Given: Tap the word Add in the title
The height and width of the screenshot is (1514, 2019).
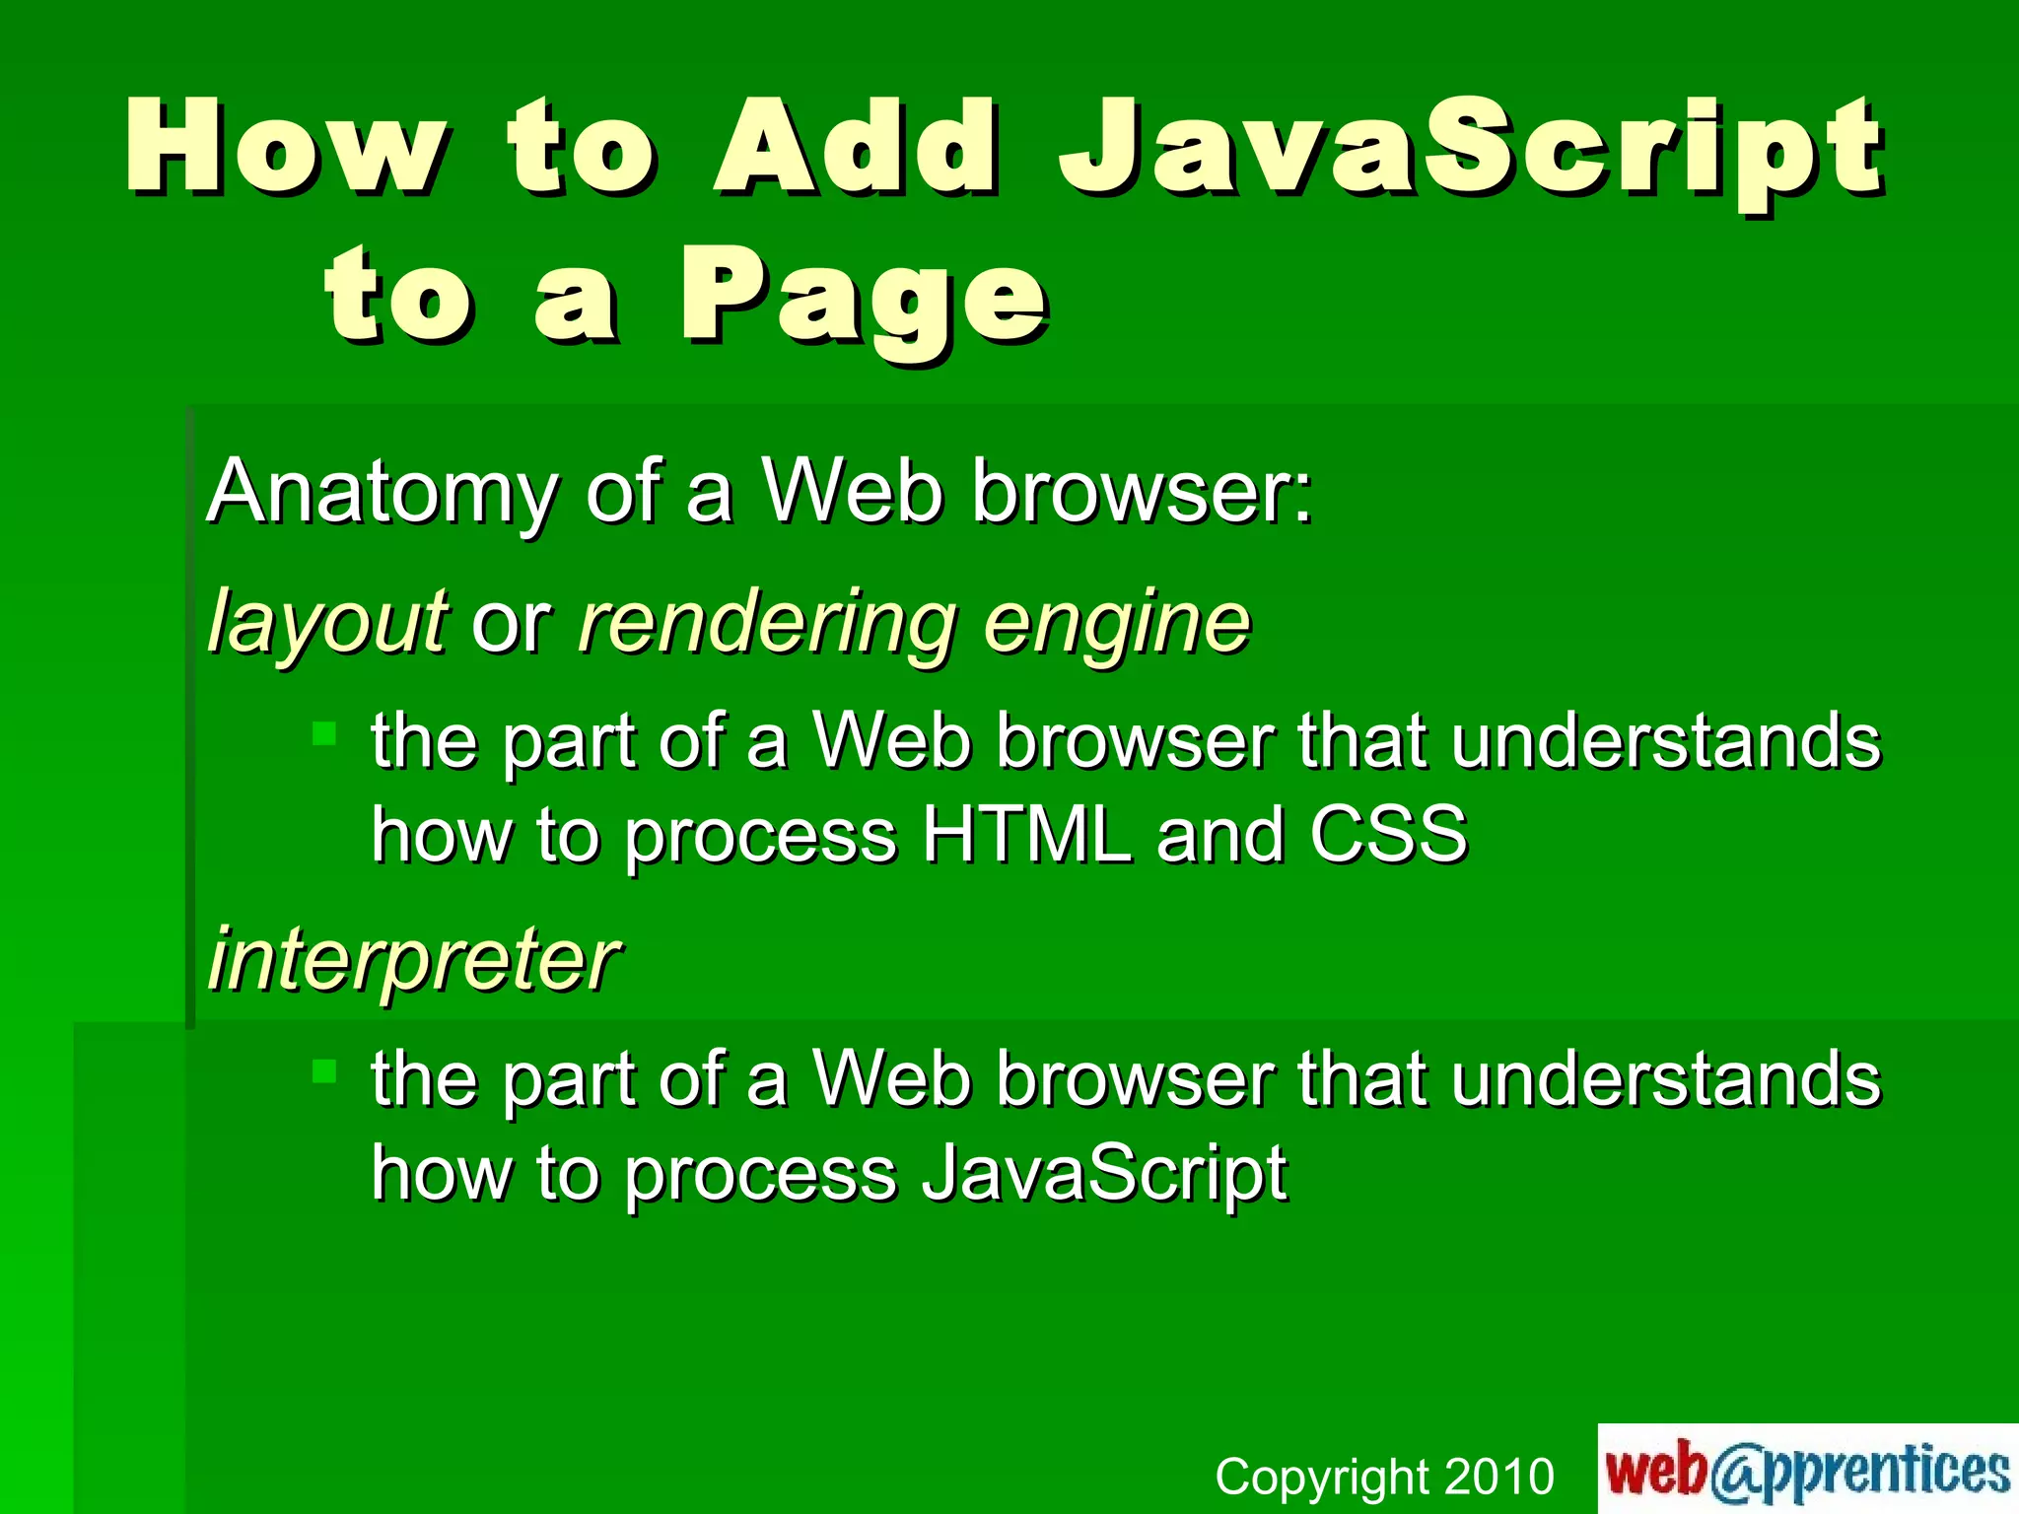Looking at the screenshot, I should (x=855, y=148).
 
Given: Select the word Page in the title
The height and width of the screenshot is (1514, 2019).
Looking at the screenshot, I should (x=864, y=299).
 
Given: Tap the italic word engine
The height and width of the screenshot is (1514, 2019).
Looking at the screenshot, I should (x=1117, y=624).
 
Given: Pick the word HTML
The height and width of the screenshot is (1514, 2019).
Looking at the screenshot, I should (x=1026, y=835).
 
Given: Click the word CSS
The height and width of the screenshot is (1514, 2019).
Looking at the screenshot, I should (x=1388, y=835).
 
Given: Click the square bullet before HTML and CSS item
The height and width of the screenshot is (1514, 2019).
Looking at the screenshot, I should (x=324, y=733).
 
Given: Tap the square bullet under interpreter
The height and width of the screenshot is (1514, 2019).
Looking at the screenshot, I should (x=324, y=1071).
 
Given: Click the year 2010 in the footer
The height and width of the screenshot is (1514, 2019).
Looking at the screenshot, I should (x=1498, y=1477).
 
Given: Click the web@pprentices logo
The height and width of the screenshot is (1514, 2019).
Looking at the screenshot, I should (x=1807, y=1469).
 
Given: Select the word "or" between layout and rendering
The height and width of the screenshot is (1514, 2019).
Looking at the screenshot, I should (x=512, y=624).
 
